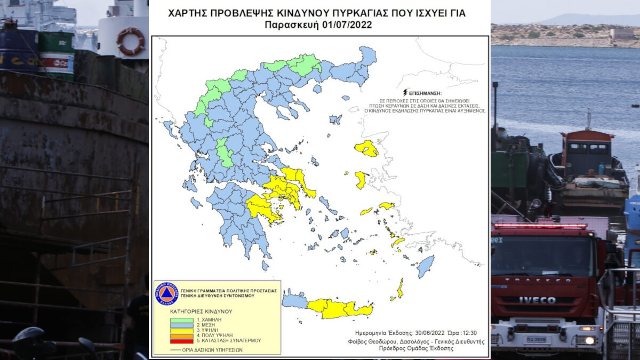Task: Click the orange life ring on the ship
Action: (130, 41)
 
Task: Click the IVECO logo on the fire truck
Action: (537, 300)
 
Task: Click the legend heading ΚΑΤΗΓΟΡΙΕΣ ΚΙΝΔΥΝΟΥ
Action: (201, 310)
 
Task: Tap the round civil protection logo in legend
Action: (166, 293)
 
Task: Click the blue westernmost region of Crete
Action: (294, 301)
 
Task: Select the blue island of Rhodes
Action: (425, 266)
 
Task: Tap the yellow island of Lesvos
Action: (366, 148)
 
